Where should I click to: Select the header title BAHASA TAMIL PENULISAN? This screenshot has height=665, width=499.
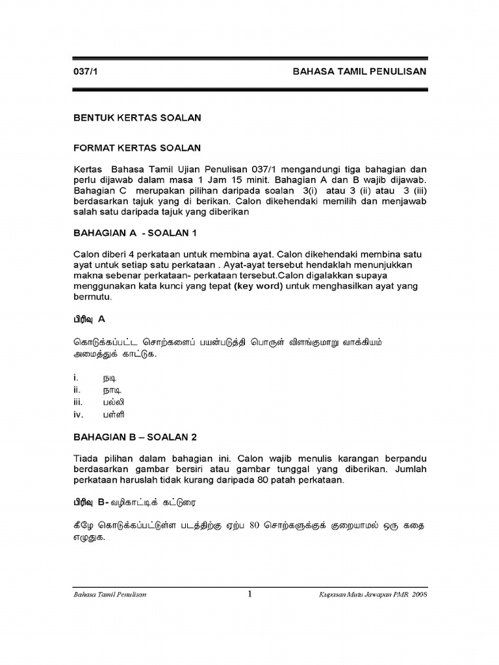tap(359, 72)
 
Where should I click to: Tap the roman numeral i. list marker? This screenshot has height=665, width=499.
tap(75, 377)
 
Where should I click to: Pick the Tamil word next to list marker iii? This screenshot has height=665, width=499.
tap(113, 402)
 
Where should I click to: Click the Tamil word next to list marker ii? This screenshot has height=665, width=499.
tap(112, 390)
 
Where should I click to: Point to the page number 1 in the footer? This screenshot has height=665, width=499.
tap(249, 594)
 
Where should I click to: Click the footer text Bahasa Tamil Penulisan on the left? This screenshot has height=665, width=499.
tap(109, 595)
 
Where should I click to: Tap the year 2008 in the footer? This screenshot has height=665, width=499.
tap(418, 595)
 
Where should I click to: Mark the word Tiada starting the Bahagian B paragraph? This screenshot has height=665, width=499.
tap(86, 458)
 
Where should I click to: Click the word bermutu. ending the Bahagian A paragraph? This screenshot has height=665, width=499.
tap(92, 297)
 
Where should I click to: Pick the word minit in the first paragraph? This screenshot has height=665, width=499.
tap(258, 179)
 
